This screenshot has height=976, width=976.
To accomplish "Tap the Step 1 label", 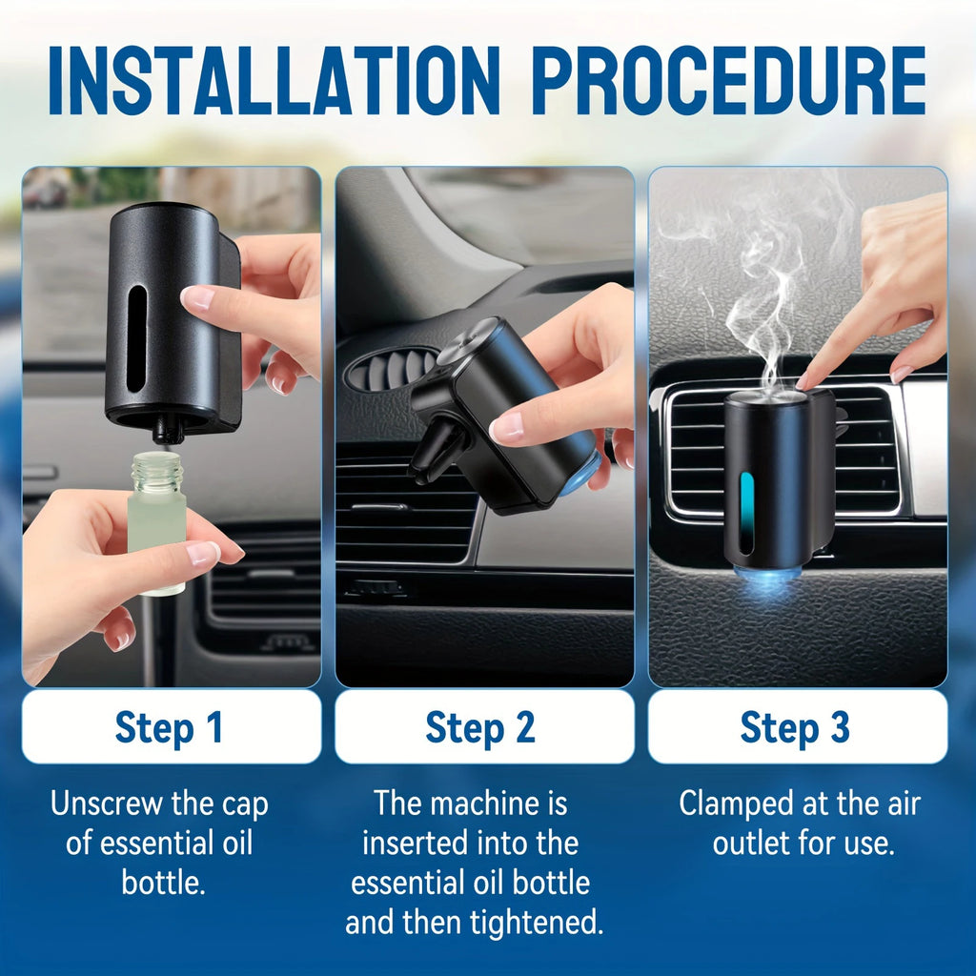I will click(170, 727).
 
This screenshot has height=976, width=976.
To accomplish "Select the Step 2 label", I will click(481, 727).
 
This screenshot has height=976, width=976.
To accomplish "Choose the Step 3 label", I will click(795, 727).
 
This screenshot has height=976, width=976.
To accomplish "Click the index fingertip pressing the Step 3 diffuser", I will click(806, 380).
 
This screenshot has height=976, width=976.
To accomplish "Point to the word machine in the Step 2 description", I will click(486, 803).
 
